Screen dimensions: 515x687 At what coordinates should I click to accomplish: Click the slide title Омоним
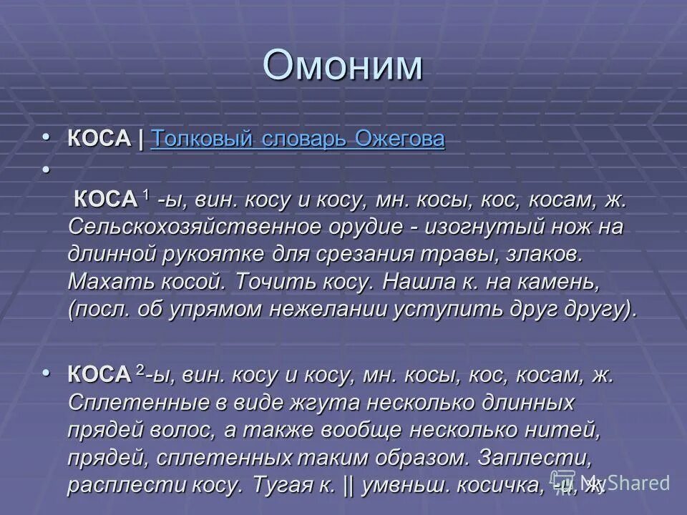[x=343, y=66]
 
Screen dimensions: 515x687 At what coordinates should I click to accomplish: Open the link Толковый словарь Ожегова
[x=298, y=139]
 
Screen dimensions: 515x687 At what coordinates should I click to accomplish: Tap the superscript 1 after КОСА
[x=147, y=196]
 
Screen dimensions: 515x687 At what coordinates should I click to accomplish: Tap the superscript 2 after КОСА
[x=140, y=370]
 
